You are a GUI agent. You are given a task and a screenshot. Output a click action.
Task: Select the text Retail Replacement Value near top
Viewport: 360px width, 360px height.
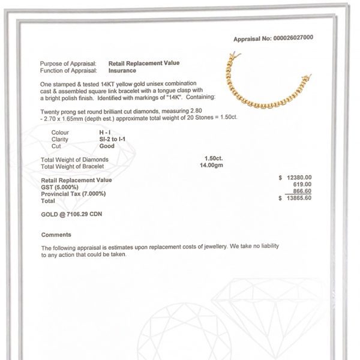point(143,63)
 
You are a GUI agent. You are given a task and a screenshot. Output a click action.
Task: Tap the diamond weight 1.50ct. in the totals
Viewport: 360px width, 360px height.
point(214,158)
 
